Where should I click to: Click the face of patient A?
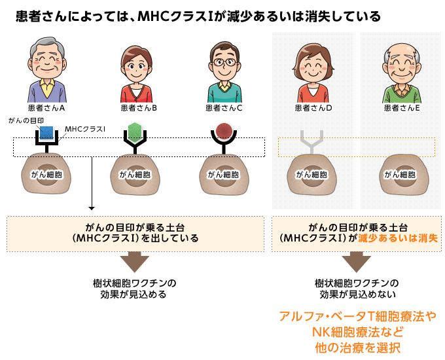tap(48, 64)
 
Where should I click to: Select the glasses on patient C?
tap(224, 64)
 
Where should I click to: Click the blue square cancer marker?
tap(47, 132)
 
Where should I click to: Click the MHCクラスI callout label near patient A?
tap(85, 129)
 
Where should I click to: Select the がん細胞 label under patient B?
tap(134, 175)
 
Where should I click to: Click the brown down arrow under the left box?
tap(134, 261)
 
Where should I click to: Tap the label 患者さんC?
tap(224, 107)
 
